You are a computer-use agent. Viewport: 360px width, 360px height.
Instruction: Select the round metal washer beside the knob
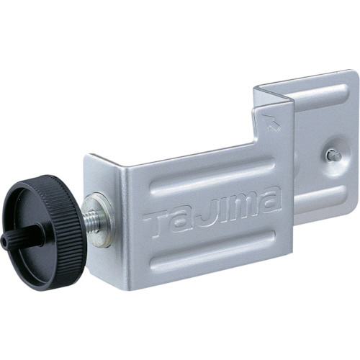tap(101, 219)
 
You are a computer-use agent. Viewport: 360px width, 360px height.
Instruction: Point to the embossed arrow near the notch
tap(271, 122)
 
